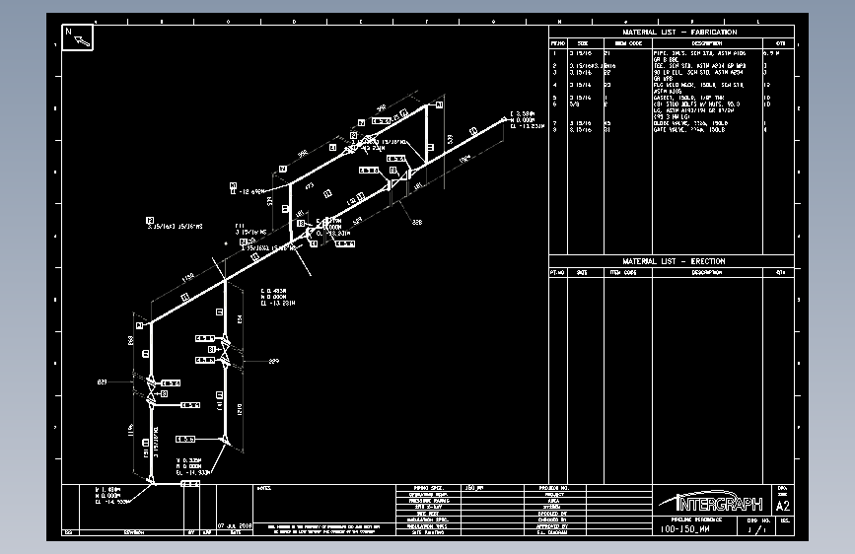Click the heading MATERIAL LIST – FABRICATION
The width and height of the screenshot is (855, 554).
tap(673, 33)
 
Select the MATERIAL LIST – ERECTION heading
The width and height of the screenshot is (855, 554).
tap(673, 261)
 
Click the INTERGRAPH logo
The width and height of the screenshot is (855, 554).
tap(713, 501)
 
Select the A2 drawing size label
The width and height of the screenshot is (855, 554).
tap(783, 506)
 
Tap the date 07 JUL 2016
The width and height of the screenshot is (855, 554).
tap(235, 525)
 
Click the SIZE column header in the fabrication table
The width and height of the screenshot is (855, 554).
tap(583, 43)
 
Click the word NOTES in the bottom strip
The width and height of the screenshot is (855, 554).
tap(264, 487)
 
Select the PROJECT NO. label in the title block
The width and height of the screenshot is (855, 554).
tap(554, 487)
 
